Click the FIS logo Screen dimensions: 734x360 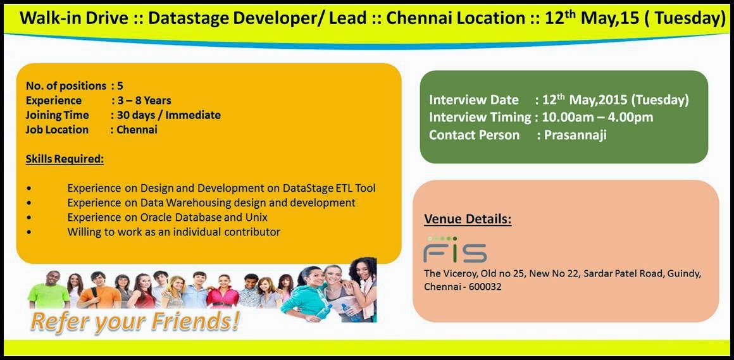(x=455, y=249)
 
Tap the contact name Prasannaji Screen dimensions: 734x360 (x=575, y=135)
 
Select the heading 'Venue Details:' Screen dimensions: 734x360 (x=468, y=219)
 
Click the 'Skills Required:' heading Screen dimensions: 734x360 (x=65, y=159)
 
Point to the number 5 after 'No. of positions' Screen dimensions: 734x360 (x=120, y=85)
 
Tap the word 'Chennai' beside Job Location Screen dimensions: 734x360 (x=137, y=130)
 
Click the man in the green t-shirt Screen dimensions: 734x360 (x=49, y=290)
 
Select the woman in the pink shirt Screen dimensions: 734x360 (x=223, y=291)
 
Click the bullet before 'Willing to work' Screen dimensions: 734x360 (x=30, y=232)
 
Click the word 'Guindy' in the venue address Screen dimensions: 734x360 (x=685, y=275)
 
